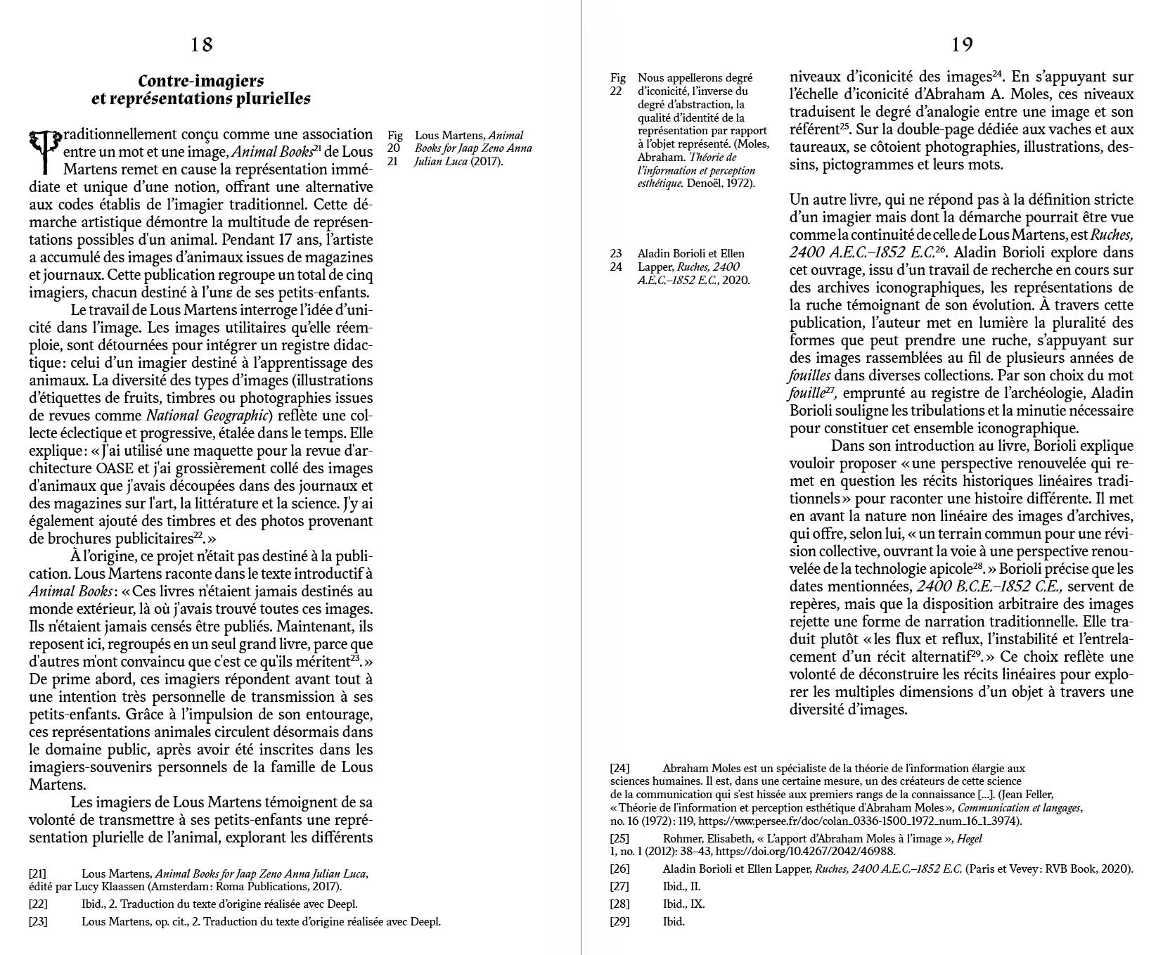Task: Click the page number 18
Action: (201, 45)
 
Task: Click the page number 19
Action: (962, 45)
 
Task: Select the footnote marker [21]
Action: (38, 873)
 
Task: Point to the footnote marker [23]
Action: (38, 921)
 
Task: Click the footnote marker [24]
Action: (619, 768)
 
